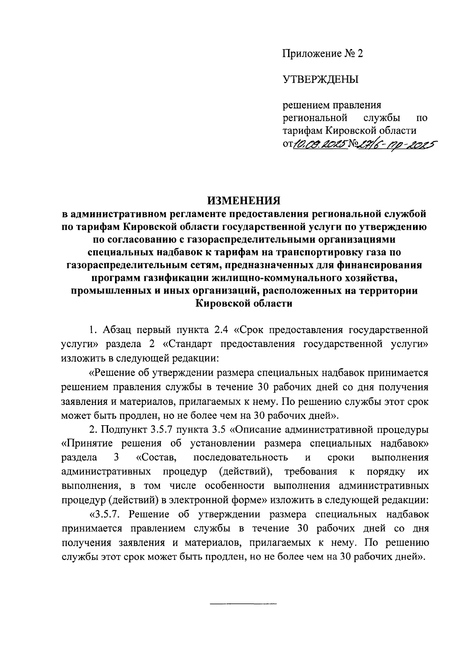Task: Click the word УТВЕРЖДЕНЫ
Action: pyautogui.click(x=320, y=80)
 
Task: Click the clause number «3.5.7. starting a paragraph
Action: pyautogui.click(x=107, y=514)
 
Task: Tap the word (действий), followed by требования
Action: pyautogui.click(x=245, y=472)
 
